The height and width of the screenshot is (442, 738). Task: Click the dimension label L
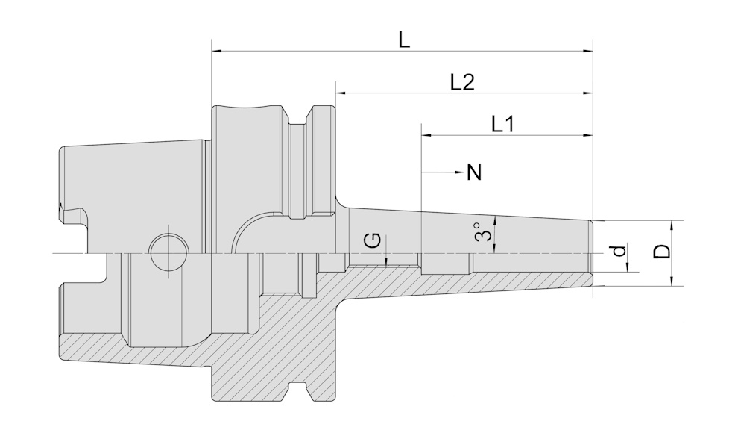tap(403, 40)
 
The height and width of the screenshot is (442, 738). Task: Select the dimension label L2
tap(463, 82)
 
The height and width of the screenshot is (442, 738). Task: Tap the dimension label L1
tap(502, 124)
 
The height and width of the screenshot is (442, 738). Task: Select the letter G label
tap(374, 240)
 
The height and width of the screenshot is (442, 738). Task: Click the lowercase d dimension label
tap(619, 251)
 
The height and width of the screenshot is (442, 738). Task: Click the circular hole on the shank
tap(168, 252)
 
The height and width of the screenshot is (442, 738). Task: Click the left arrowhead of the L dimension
tap(218, 51)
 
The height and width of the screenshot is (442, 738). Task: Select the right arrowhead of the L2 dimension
tap(587, 93)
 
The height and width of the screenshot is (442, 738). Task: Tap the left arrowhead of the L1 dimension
tap(427, 135)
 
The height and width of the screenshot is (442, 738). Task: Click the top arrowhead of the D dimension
tap(672, 225)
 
